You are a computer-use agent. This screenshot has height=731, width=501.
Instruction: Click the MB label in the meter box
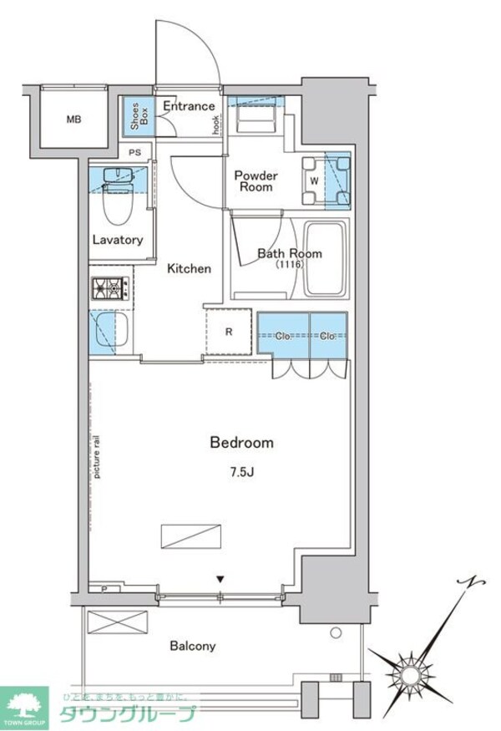coord(74,119)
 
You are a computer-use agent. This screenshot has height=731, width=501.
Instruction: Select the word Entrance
coord(189,106)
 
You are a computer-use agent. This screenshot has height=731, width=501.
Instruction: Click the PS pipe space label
coord(134,152)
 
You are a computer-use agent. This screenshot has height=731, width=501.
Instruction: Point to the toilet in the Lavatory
coord(115,205)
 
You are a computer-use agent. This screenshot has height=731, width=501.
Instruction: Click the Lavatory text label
coord(118,240)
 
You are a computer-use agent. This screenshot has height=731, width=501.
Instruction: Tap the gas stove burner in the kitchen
coord(109,289)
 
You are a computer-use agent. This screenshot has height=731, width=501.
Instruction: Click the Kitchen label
coord(189,269)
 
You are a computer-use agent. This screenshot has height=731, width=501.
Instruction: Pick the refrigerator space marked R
coord(229,332)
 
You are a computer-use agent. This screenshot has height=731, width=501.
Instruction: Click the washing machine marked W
coord(314,180)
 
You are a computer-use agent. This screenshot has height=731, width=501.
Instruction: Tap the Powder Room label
coord(256,181)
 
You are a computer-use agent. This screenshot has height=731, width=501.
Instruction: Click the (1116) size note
coord(289,265)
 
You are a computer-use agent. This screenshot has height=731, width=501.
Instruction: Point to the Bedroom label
coord(241,443)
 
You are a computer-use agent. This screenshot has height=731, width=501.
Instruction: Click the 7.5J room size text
coord(242,473)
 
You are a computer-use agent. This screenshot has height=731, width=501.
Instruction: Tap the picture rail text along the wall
coord(98,456)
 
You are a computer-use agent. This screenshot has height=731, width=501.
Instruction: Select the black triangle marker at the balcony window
coord(220,579)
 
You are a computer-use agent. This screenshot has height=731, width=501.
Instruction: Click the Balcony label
coord(193,646)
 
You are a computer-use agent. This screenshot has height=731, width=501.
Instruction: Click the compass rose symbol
coord(411,670)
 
